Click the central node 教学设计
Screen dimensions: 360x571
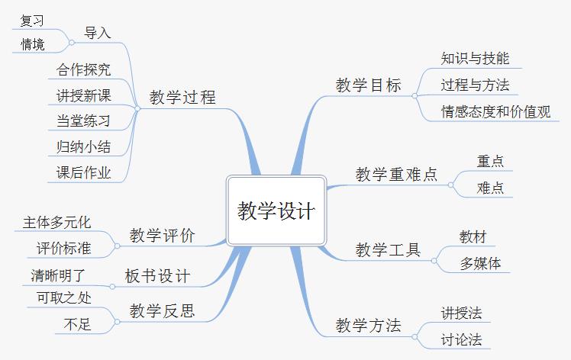point(276,211)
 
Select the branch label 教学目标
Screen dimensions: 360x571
point(368,85)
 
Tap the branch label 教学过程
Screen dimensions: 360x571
point(182,98)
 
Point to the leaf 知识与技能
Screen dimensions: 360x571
point(475,58)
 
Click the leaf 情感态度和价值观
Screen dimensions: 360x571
point(495,111)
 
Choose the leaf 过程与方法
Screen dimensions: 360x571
point(475,85)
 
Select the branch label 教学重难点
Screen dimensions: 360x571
point(397,175)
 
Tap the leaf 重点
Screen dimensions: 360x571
point(490,162)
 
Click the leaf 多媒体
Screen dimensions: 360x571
point(480,264)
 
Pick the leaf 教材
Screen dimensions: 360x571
point(473,236)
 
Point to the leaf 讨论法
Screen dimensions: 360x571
point(461,339)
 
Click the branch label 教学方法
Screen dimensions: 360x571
point(368,326)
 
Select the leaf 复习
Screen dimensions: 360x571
point(31,21)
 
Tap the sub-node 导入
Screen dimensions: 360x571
point(97,33)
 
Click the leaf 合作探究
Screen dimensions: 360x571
point(84,70)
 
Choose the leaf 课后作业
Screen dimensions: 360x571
point(84,173)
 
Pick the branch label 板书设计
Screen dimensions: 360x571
point(157,276)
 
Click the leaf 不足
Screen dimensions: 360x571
point(78,325)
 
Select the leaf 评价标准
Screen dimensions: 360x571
point(64,249)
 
